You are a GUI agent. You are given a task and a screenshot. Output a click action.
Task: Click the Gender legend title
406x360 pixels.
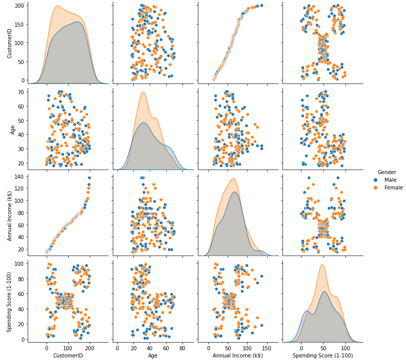[x=387, y=172]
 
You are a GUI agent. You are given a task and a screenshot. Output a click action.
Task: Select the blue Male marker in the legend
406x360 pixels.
[x=376, y=180]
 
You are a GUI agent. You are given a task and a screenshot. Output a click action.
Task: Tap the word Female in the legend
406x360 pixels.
[x=393, y=187]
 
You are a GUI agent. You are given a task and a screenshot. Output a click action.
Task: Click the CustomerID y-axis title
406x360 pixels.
[x=9, y=43]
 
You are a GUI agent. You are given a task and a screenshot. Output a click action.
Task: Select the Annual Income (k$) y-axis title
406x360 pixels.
[x=9, y=211]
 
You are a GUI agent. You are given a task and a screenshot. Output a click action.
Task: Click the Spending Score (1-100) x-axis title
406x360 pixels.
[x=322, y=355]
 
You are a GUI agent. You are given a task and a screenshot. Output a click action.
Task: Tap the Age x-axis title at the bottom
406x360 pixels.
[x=153, y=355]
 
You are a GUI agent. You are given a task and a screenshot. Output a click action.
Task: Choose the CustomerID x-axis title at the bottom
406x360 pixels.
[x=68, y=355]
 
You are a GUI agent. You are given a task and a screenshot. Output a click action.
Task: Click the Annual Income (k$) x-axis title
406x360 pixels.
[x=237, y=355]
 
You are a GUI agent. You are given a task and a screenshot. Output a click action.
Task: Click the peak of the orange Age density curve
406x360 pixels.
[x=144, y=92]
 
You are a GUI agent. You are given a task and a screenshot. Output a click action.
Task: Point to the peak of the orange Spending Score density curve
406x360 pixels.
[x=321, y=265]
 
